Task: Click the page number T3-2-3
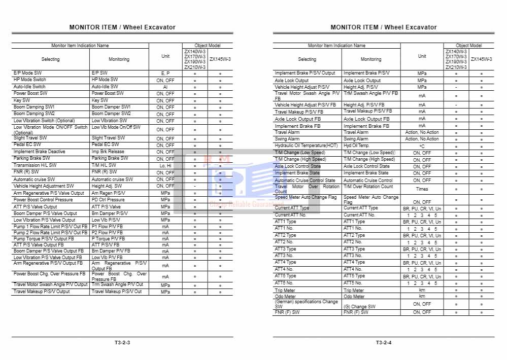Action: [x=122, y=343]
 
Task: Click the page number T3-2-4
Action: [x=384, y=343]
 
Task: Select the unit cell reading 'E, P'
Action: [x=165, y=73]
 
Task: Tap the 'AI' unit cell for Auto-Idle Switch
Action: [x=165, y=87]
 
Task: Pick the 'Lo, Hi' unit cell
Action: [x=165, y=165]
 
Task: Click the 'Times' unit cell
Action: [x=422, y=189]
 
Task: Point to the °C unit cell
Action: [x=422, y=146]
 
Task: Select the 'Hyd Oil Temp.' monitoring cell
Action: [x=357, y=146]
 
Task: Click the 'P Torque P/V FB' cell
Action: [x=107, y=238]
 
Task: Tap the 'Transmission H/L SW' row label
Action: [x=35, y=165]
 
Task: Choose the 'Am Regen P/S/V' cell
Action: [x=108, y=193]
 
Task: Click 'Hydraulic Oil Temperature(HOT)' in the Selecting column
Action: [x=306, y=146]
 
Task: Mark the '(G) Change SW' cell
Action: [x=359, y=306]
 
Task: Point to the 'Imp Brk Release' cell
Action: [x=108, y=152]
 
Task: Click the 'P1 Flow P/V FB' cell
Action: [x=107, y=226]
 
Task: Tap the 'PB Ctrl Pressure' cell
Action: [x=108, y=200]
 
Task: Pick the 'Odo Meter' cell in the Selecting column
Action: [x=285, y=297]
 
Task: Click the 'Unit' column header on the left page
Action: [x=165, y=56]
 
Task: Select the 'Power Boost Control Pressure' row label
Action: [x=43, y=200]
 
